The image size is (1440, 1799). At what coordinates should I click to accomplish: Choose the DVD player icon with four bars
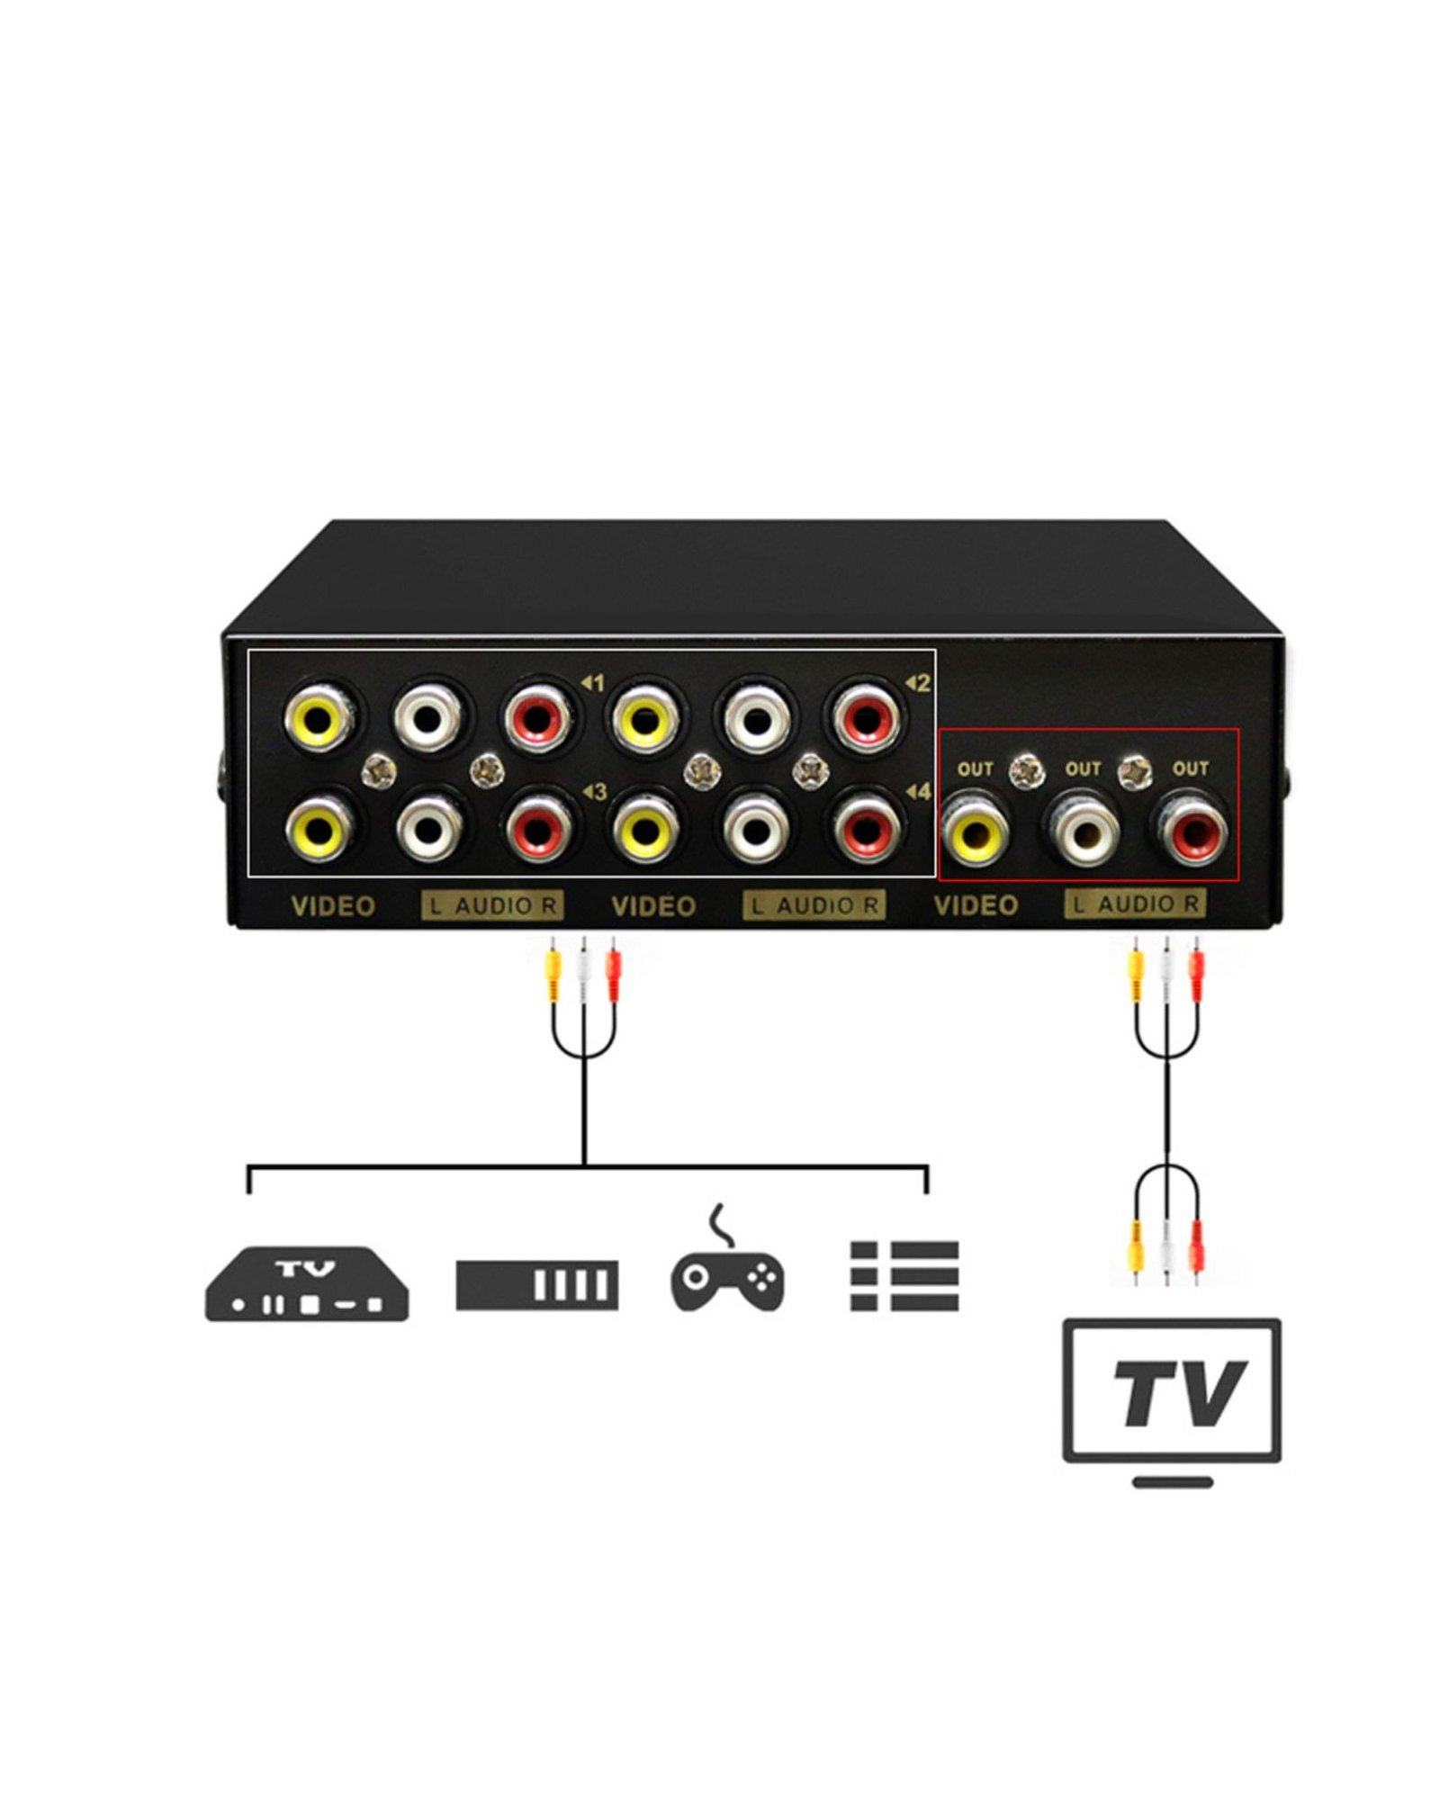537,1284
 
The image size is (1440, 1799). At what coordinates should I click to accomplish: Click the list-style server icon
904,1275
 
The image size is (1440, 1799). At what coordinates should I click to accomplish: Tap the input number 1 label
593,683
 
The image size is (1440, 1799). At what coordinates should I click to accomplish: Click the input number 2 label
917,683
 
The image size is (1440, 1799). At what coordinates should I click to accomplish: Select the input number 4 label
918,792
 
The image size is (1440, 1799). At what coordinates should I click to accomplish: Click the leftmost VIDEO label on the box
333,906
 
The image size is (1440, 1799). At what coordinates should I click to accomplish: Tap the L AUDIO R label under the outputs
1135,904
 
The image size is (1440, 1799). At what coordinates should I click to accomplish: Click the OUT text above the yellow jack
975,769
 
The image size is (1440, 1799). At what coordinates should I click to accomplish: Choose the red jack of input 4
865,827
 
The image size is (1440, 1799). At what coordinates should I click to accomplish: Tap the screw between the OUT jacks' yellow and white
1027,771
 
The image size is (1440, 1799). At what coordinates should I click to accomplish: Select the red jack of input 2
865,717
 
